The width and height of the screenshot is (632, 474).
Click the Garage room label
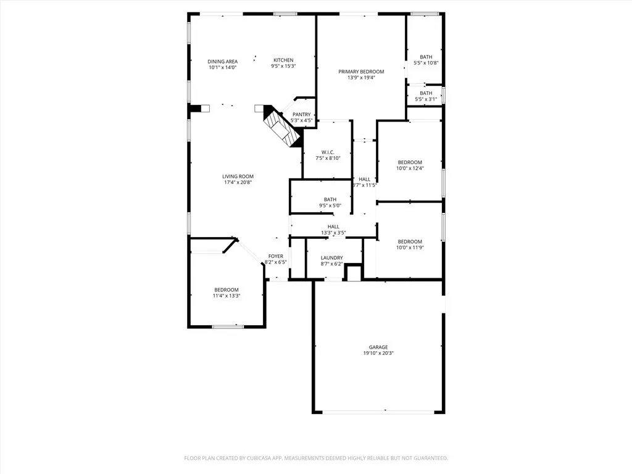(x=378, y=347)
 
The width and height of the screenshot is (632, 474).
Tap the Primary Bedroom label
(x=361, y=72)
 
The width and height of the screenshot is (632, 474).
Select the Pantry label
(x=301, y=114)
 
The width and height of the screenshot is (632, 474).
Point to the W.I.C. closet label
(x=328, y=152)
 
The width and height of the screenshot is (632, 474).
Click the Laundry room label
(x=331, y=258)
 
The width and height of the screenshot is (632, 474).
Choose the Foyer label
(x=275, y=256)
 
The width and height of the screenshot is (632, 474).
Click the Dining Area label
(x=222, y=61)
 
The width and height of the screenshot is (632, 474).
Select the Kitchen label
(x=283, y=60)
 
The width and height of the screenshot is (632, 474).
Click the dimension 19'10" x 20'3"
(x=378, y=354)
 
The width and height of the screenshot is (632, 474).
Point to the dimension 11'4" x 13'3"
(x=227, y=296)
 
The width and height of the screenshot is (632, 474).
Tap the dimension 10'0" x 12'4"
(x=410, y=168)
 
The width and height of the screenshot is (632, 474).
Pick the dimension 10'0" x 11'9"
(x=410, y=247)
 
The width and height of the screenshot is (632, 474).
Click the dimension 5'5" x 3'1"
(x=426, y=99)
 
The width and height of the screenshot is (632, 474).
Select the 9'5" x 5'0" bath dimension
(x=330, y=206)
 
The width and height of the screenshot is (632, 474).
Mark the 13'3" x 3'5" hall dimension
(x=333, y=233)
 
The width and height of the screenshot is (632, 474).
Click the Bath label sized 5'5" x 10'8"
(x=426, y=57)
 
